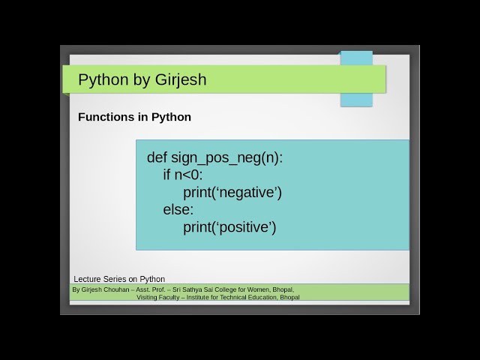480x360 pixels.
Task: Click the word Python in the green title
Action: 102,79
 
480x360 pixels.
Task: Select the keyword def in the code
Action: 157,157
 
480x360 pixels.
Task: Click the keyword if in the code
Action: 167,175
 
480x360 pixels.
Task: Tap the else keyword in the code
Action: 178,210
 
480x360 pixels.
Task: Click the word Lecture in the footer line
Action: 88,279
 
